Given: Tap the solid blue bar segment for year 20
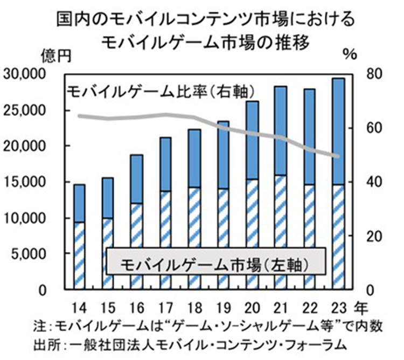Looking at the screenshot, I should point(252,140).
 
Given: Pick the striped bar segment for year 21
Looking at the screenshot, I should point(280,232).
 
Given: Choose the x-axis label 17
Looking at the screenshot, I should point(165,308).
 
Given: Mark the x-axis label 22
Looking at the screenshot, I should point(309,308).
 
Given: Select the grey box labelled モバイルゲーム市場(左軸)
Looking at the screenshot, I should point(215,264).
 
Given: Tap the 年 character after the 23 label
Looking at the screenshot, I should point(360,308).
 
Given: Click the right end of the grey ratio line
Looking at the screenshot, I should point(338,156).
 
